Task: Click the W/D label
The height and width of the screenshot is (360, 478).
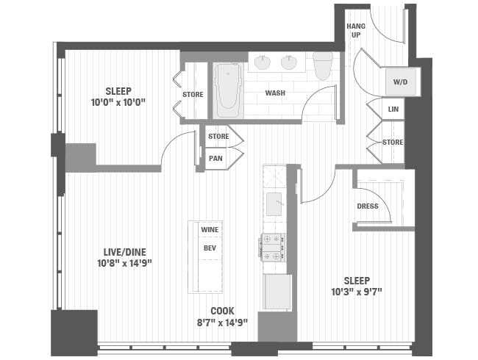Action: [401, 82]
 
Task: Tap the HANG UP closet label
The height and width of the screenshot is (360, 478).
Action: [356, 30]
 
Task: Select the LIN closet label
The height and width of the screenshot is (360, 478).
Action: [393, 110]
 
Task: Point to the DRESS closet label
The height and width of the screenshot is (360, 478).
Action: [368, 206]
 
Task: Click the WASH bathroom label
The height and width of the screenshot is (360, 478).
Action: [276, 94]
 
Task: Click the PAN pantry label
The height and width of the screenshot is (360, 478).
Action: [215, 158]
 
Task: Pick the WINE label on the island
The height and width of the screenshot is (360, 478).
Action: [210, 229]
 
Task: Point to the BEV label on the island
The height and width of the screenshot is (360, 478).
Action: [210, 248]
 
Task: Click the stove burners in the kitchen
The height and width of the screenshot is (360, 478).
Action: [273, 247]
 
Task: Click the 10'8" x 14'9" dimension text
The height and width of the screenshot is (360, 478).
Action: [124, 262]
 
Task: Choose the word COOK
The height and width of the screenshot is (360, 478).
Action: [223, 310]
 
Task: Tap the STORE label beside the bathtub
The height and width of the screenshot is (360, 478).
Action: [193, 94]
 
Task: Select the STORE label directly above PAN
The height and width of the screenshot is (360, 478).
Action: [218, 137]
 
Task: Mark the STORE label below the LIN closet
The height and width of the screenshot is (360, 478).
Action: [393, 142]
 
